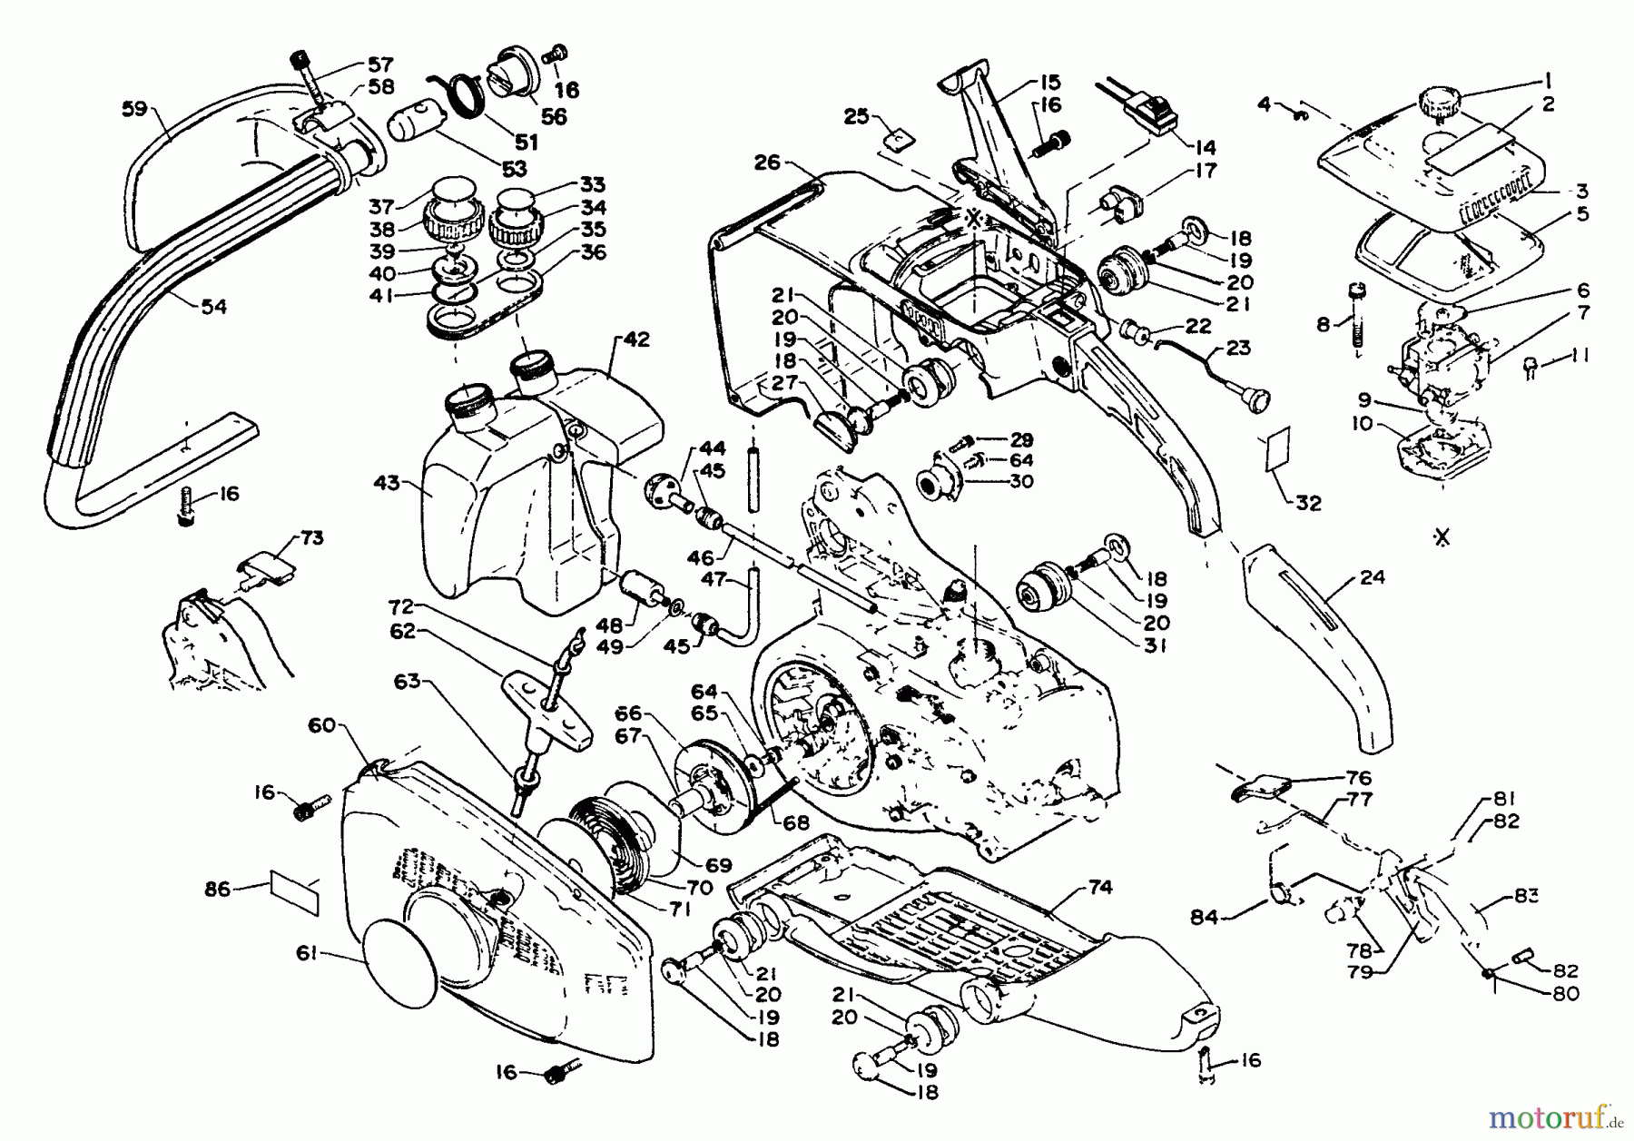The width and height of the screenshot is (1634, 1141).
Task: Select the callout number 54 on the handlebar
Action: point(213,307)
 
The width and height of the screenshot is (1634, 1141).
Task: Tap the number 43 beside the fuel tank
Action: point(388,483)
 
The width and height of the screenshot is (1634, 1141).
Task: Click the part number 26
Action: point(767,163)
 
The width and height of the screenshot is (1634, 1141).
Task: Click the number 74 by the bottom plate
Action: point(1099,887)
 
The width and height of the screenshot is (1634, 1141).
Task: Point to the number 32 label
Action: point(1308,504)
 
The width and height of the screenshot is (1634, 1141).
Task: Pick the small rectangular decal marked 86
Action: point(295,890)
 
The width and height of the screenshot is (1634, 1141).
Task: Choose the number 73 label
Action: point(310,538)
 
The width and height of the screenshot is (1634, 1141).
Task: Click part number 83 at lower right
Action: point(1526,896)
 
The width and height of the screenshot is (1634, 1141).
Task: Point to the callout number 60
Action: point(322,725)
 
